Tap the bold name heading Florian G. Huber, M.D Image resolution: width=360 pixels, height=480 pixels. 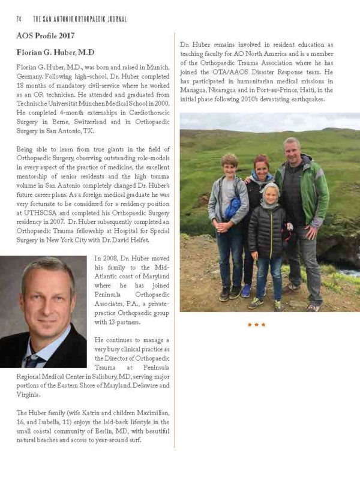pos(55,52)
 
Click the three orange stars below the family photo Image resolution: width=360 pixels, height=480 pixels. pos(256,325)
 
